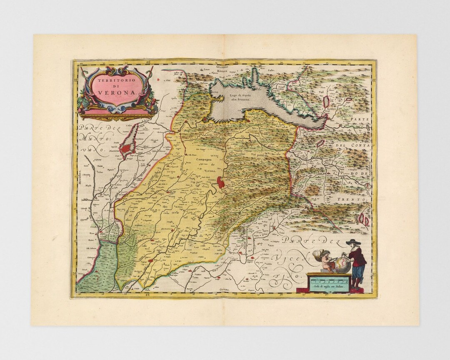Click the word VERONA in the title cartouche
tap(117, 93)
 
